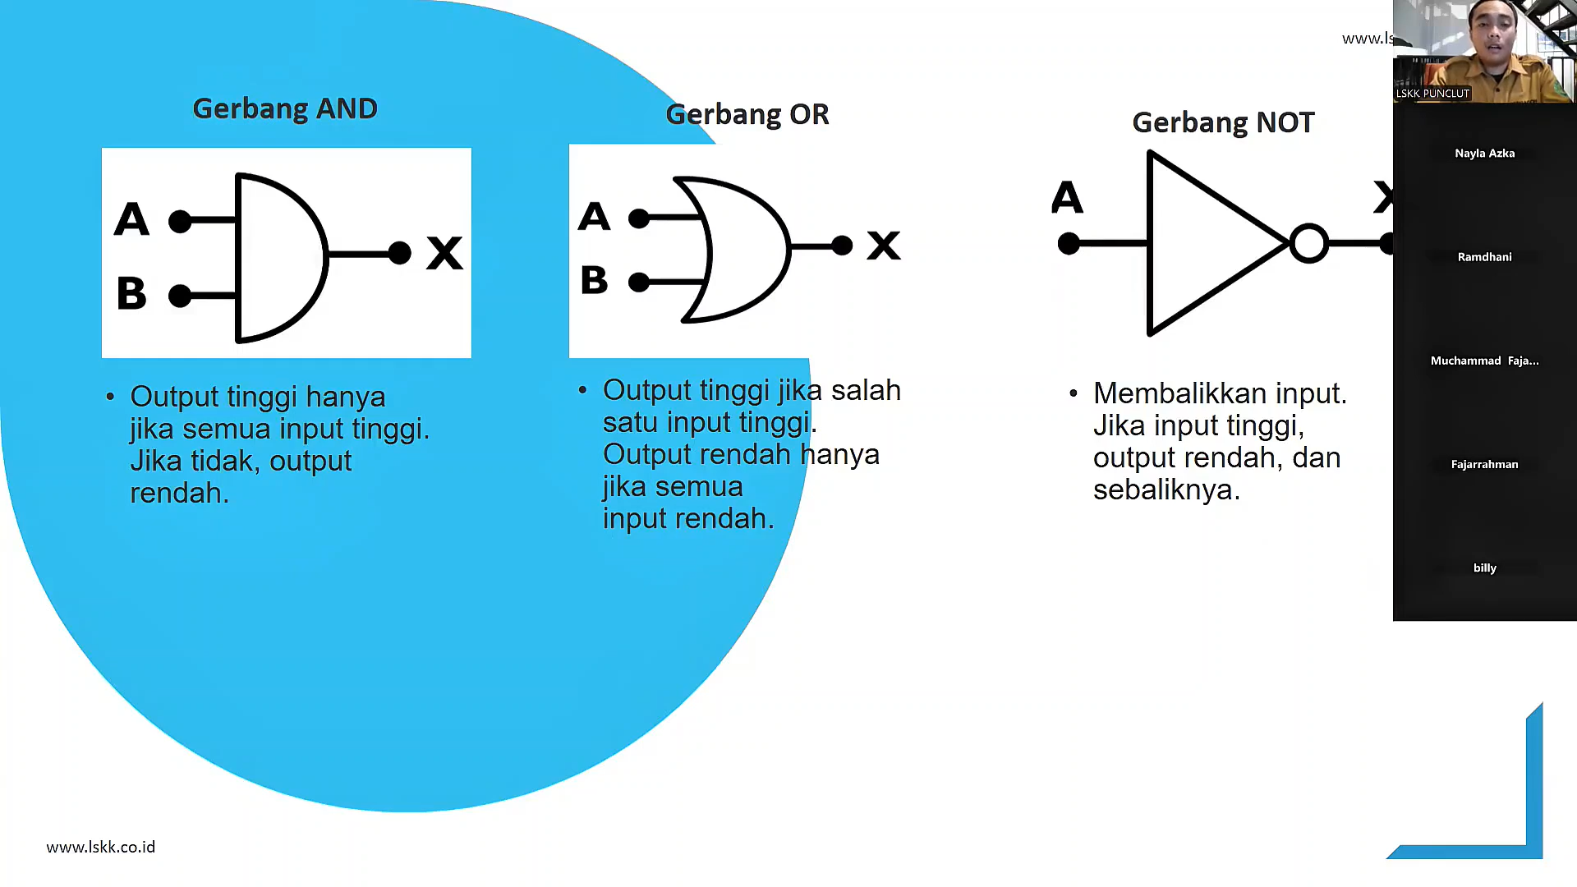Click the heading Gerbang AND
point(285,108)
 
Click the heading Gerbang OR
point(747,114)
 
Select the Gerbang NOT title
point(1223,122)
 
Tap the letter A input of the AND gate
point(131,219)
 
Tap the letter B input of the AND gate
point(131,293)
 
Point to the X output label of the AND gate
point(444,253)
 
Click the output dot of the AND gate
point(400,253)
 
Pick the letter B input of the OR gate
point(594,280)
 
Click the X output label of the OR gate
point(884,246)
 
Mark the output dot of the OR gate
point(842,246)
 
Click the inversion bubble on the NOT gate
point(1308,243)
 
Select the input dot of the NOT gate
point(1069,244)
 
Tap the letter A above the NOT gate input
point(1067,198)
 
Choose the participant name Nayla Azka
point(1484,154)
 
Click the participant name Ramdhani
point(1484,257)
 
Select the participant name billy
point(1484,568)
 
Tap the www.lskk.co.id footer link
point(101,847)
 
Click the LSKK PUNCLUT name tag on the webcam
point(1432,94)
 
